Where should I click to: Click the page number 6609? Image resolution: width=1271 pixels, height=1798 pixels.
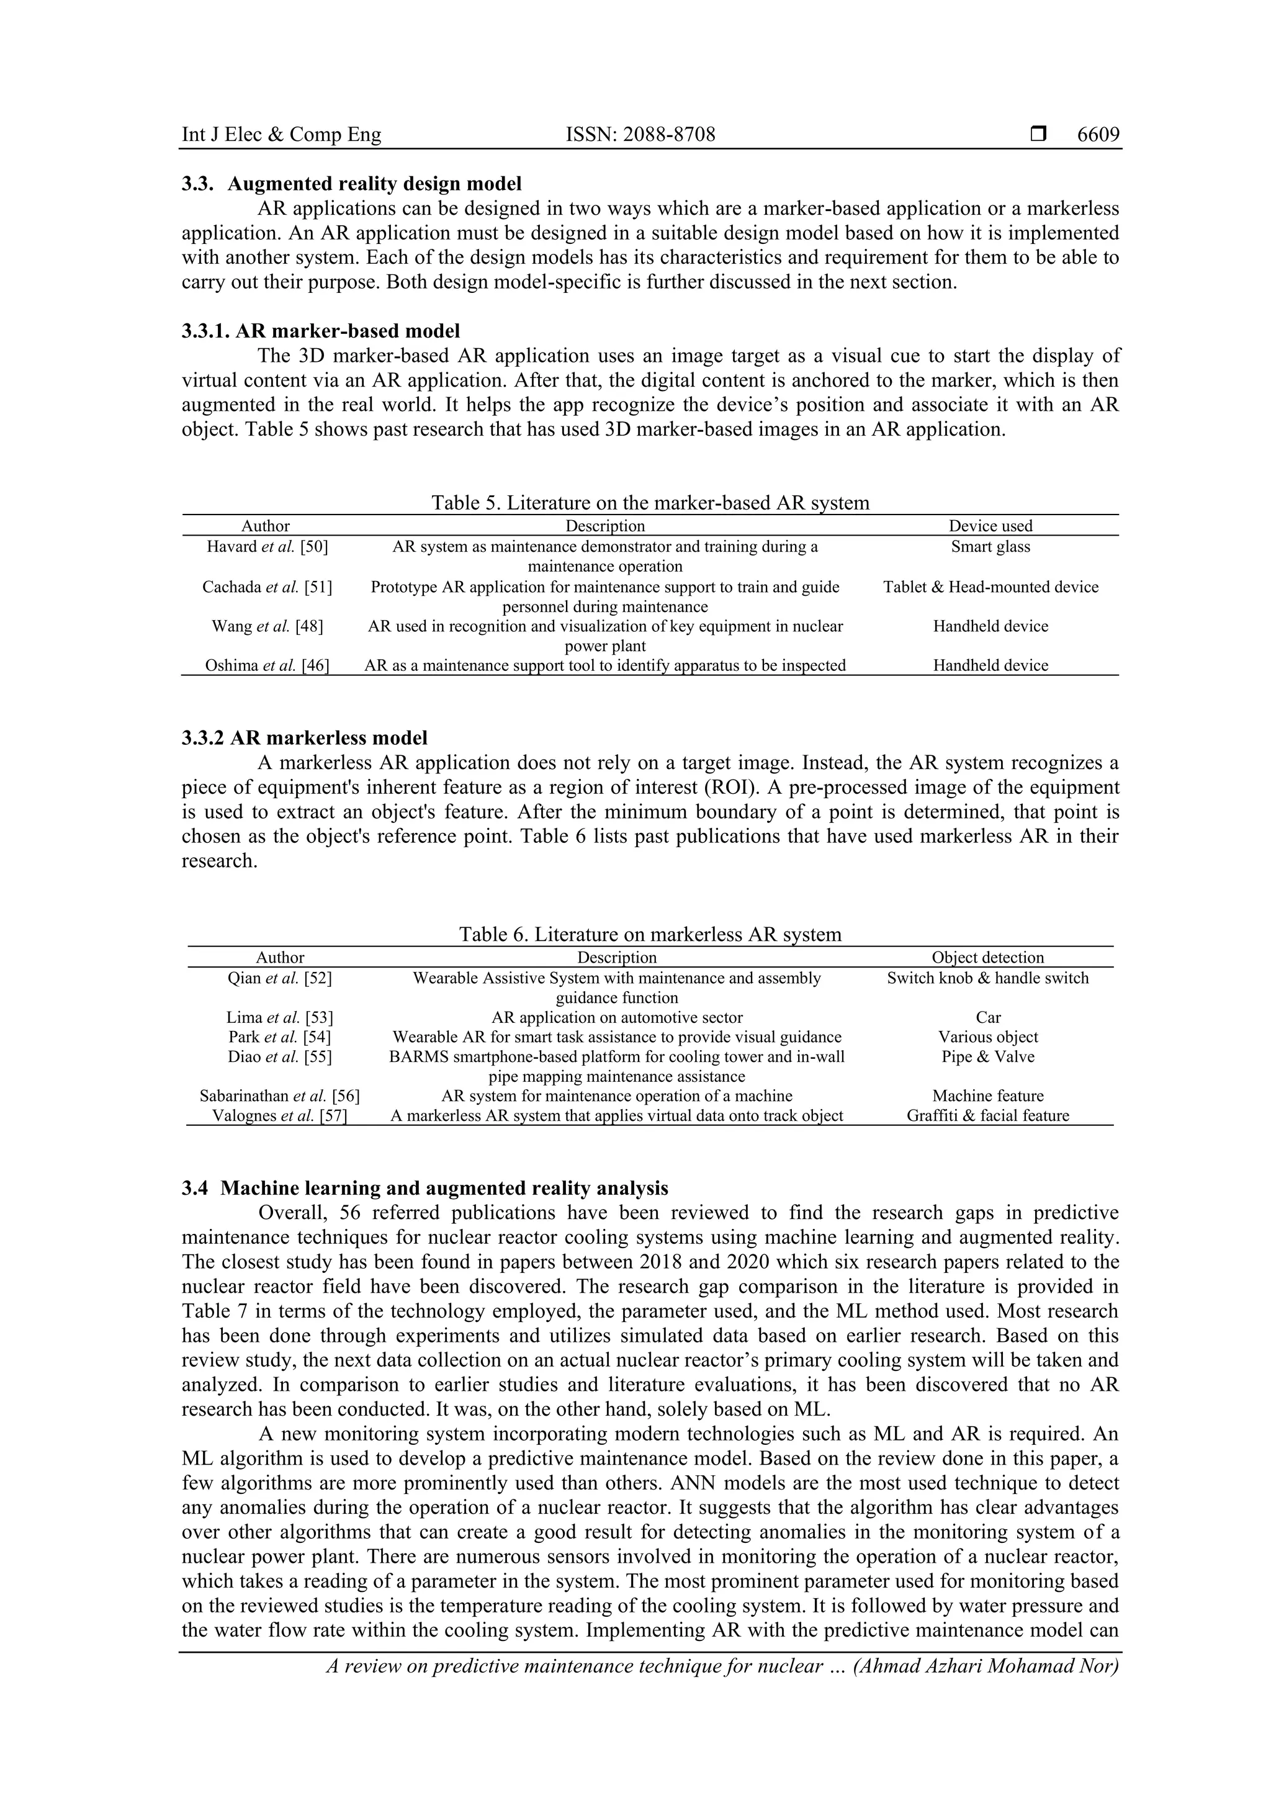(1098, 135)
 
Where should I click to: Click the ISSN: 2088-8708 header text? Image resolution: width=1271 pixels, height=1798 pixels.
(640, 135)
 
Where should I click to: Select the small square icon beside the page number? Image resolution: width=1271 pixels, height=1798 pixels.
(1038, 135)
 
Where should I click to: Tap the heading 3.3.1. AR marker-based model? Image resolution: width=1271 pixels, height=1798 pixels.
(321, 331)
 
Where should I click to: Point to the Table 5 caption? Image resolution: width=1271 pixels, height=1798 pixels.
(650, 503)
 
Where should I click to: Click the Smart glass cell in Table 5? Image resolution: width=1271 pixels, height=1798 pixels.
(990, 547)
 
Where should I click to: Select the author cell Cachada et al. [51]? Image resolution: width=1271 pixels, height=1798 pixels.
(266, 587)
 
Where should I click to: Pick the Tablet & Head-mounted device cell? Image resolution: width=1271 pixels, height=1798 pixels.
(990, 587)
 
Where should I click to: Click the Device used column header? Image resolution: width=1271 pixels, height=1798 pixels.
(990, 526)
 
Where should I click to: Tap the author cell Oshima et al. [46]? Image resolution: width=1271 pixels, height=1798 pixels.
(266, 665)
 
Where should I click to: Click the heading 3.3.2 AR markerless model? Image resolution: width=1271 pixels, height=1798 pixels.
(305, 738)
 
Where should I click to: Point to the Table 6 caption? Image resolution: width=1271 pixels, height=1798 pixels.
(650, 934)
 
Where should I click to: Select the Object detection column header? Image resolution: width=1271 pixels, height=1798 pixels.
(987, 958)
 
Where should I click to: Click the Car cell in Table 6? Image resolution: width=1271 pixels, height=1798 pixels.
(987, 1018)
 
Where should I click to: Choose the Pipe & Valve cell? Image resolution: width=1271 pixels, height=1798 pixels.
(987, 1057)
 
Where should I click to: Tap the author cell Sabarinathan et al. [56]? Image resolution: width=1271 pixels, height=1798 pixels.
(279, 1096)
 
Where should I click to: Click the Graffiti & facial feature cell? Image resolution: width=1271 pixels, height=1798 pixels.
(987, 1116)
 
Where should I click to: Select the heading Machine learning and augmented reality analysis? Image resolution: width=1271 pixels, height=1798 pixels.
(444, 1189)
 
